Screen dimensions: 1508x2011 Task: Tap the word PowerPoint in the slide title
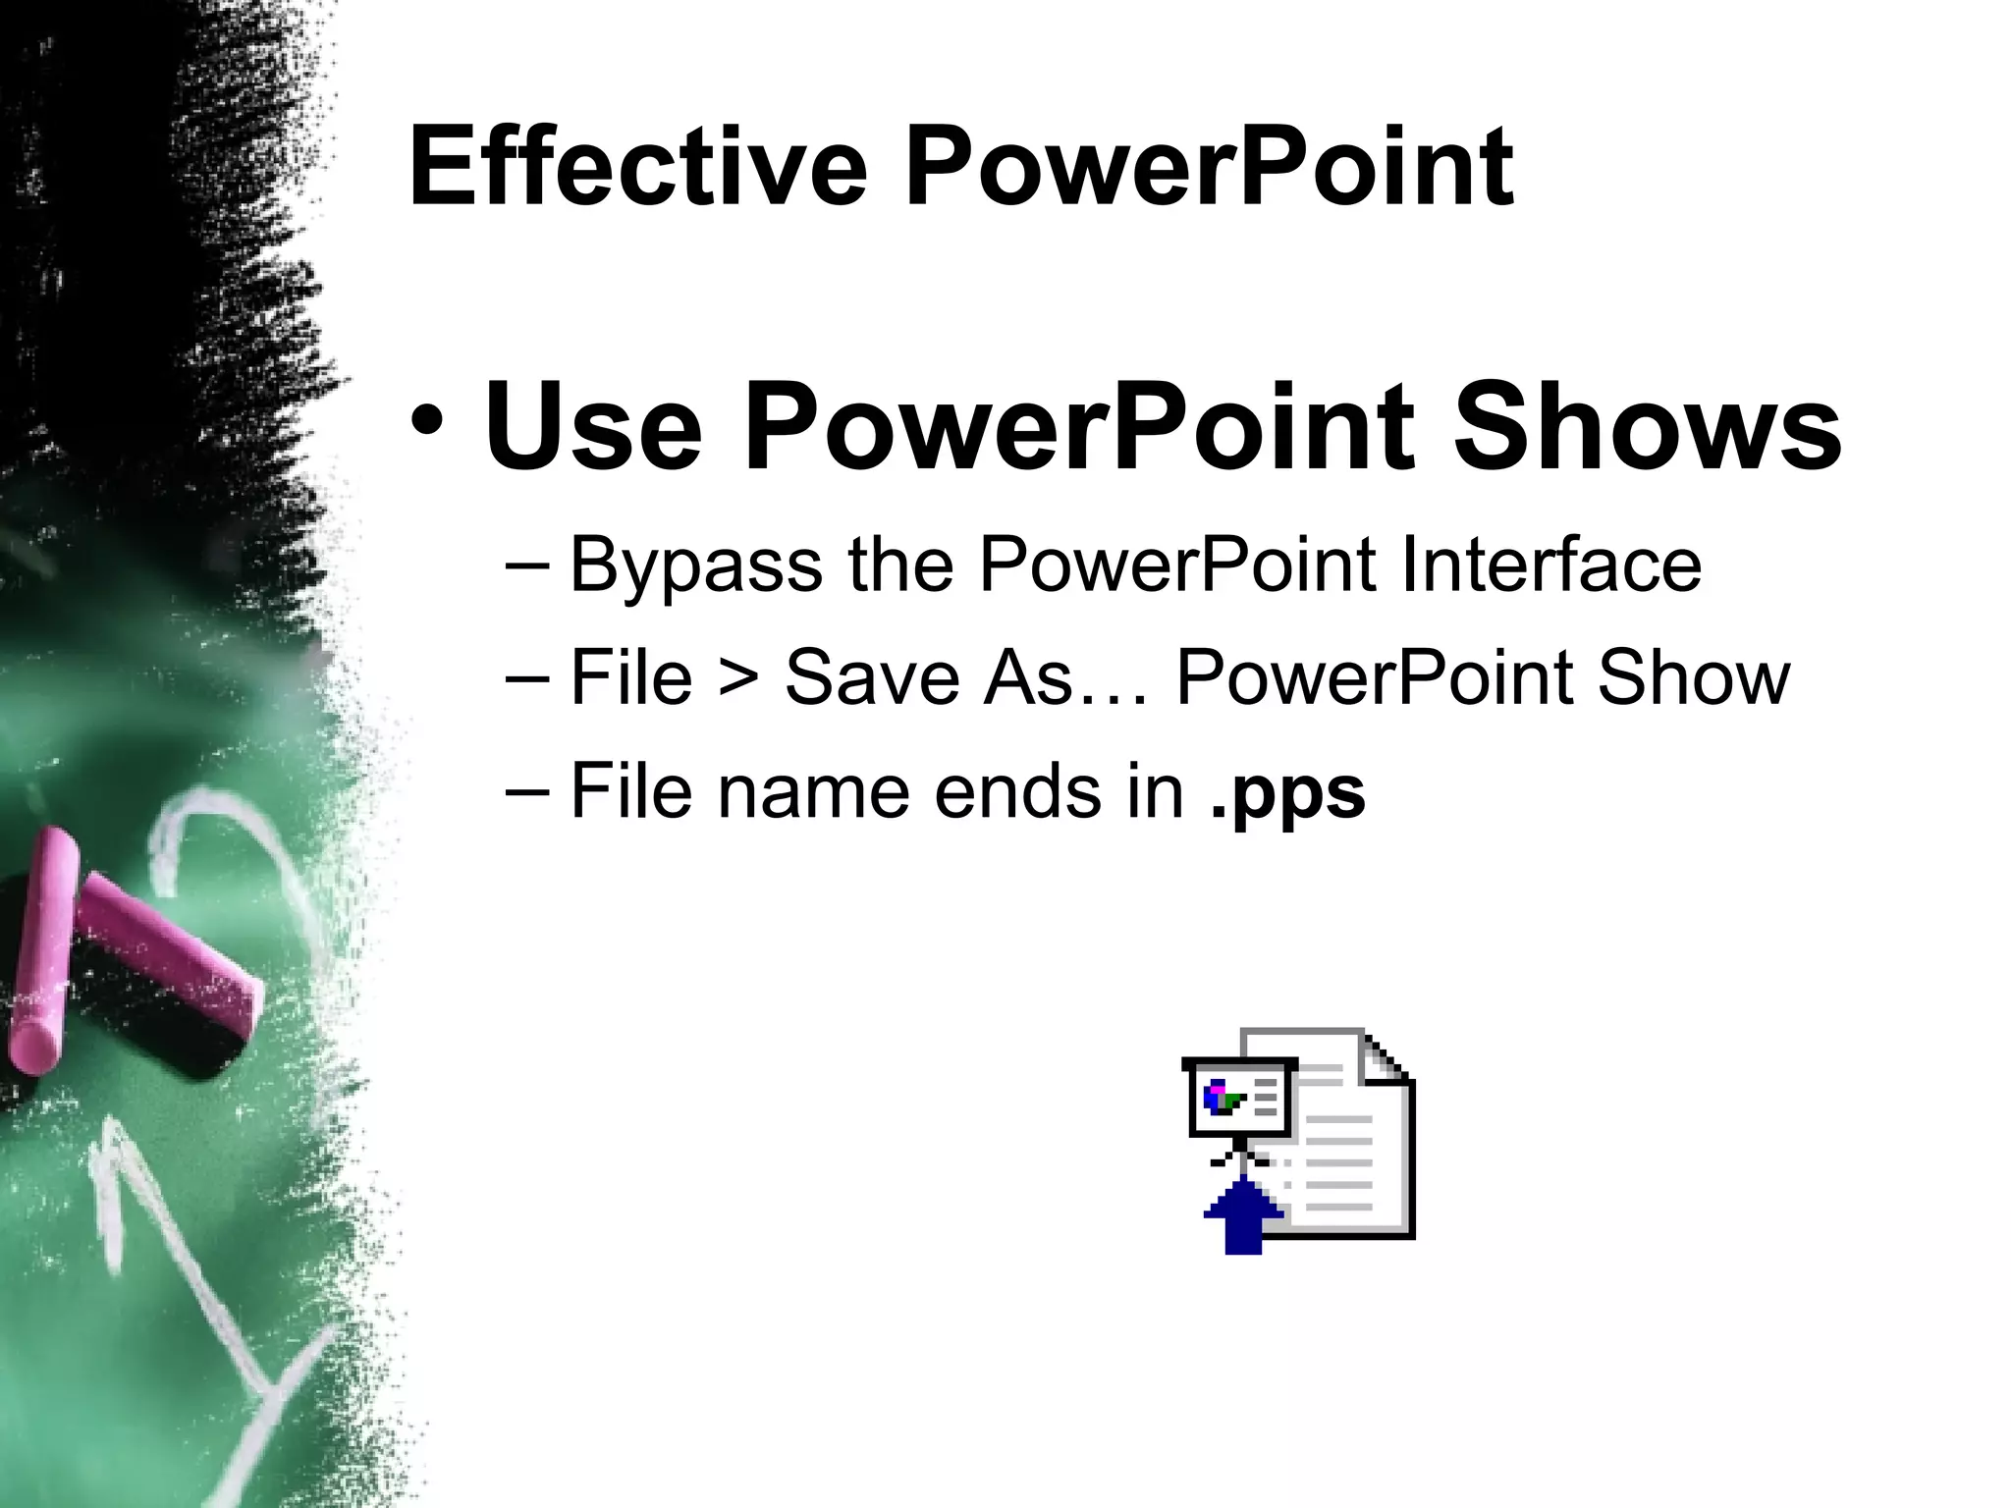(x=1209, y=169)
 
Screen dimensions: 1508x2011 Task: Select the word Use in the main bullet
(x=593, y=428)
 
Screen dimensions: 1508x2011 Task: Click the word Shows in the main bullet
(x=1647, y=428)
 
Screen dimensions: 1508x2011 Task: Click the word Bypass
(x=695, y=566)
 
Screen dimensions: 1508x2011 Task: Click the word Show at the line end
(x=1694, y=677)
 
